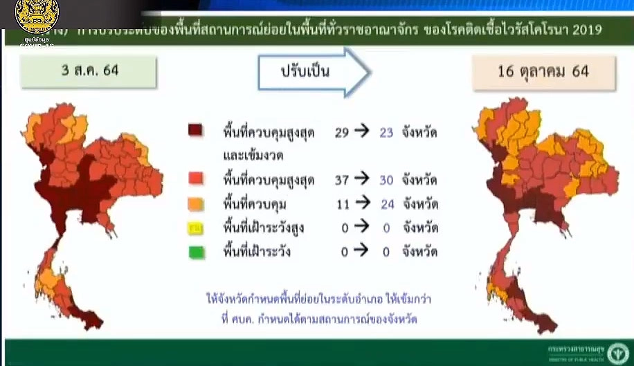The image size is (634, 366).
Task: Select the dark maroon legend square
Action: (x=196, y=131)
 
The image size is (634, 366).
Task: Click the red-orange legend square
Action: (x=196, y=179)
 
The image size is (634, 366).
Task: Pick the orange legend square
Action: (x=196, y=204)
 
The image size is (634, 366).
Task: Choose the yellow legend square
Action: (x=196, y=228)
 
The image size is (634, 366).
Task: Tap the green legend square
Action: (x=196, y=252)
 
